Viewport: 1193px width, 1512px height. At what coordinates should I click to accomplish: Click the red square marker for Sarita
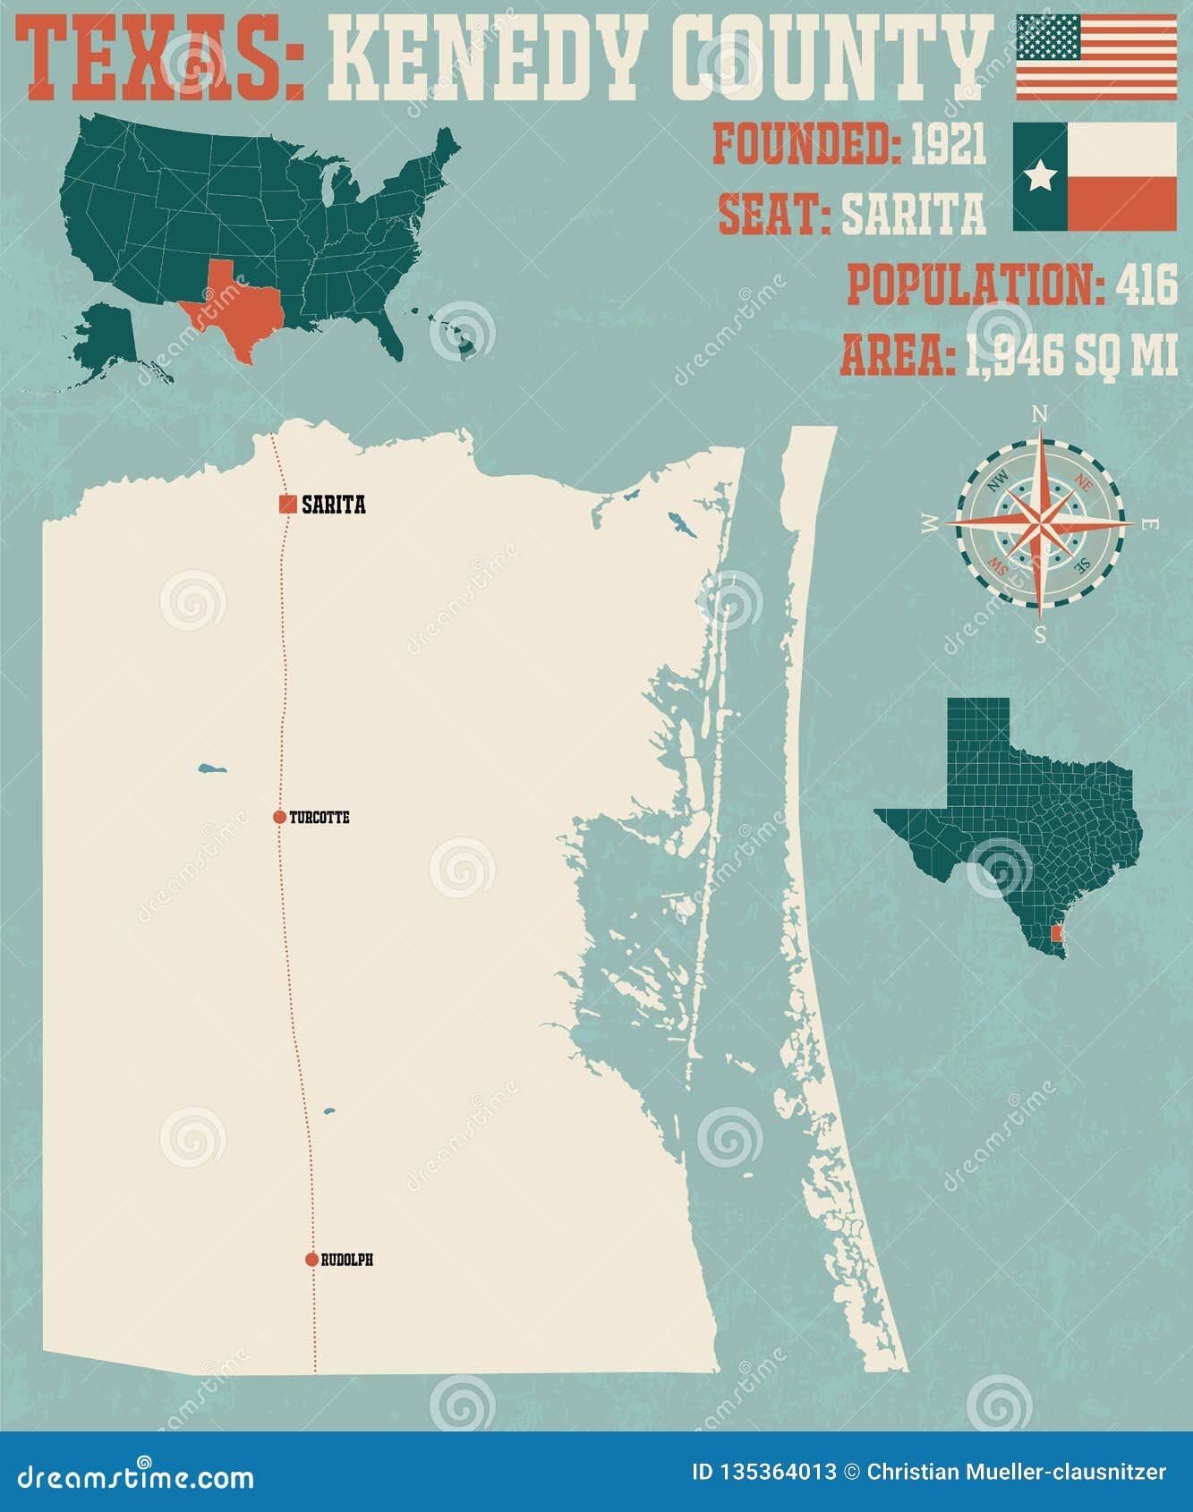[x=287, y=505]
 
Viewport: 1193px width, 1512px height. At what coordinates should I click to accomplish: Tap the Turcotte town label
[x=320, y=818]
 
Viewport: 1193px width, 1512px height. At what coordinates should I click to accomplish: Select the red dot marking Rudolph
[x=311, y=1260]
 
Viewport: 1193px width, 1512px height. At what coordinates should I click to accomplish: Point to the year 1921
[x=949, y=144]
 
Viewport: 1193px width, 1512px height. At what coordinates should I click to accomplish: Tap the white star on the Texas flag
[x=1040, y=176]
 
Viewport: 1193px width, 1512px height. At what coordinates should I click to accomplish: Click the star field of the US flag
[x=1048, y=37]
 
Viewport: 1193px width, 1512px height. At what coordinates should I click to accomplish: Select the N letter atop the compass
[x=1040, y=413]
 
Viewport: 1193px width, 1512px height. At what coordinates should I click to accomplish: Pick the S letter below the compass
[x=1040, y=635]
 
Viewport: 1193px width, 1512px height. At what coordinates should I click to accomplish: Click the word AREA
[x=896, y=356]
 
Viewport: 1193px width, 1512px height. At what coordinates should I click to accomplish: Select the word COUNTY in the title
[x=831, y=61]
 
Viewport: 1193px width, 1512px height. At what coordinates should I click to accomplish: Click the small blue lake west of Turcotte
[x=212, y=769]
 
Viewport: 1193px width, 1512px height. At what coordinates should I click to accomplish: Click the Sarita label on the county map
[x=334, y=505]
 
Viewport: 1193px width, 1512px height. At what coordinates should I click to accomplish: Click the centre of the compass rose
[x=1040, y=524]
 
